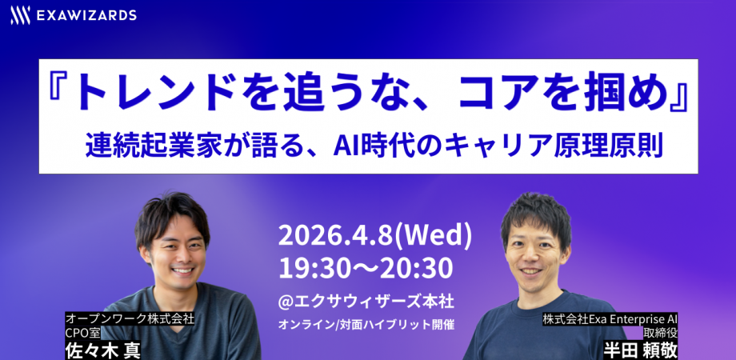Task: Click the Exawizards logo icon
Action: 21,15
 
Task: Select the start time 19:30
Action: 312,267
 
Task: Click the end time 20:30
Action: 419,267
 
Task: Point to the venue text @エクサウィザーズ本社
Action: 366,302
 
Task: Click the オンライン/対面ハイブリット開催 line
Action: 366,326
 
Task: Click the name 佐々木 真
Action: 102,349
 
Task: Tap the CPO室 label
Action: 82,332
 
